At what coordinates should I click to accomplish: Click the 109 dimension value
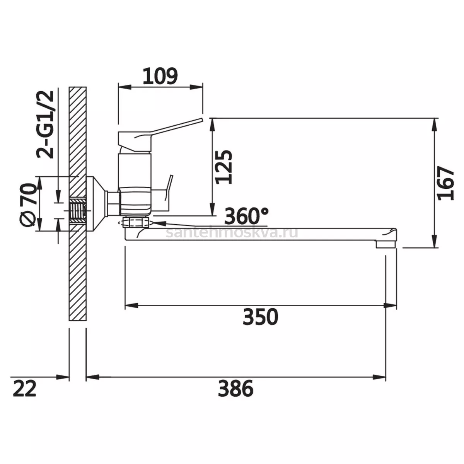160,76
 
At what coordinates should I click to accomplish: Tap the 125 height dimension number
224,167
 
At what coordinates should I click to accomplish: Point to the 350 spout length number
260,317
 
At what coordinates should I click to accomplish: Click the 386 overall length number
235,388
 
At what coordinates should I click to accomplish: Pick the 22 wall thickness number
25,388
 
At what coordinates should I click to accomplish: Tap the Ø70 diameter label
28,205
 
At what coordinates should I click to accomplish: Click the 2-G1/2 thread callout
45,125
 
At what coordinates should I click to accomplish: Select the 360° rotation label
246,216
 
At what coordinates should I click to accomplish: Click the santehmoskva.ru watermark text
232,233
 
